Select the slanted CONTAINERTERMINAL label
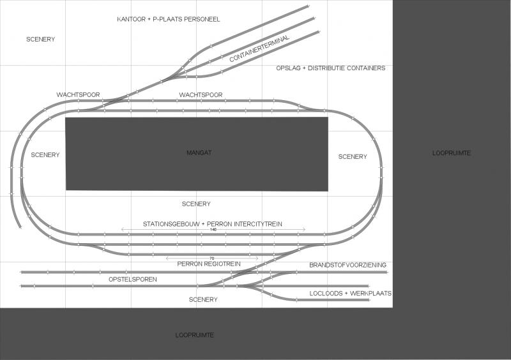pyautogui.click(x=259, y=49)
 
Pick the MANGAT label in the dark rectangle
pyautogui.click(x=199, y=153)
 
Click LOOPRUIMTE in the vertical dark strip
pyautogui.click(x=452, y=153)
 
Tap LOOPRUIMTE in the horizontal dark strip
pyautogui.click(x=195, y=335)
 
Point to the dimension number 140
pyautogui.click(x=213, y=230)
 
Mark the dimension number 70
pyautogui.click(x=212, y=259)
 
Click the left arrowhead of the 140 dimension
pyautogui.click(x=123, y=230)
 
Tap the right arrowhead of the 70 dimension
pyautogui.click(x=257, y=259)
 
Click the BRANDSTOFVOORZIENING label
pyautogui.click(x=347, y=265)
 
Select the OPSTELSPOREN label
pyautogui.click(x=133, y=280)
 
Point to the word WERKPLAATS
pyautogui.click(x=370, y=294)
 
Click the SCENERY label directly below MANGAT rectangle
pyautogui.click(x=196, y=204)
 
